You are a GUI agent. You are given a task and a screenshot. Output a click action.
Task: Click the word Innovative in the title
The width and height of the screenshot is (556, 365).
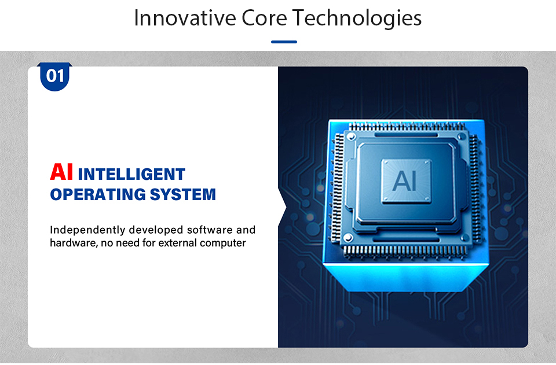(x=185, y=18)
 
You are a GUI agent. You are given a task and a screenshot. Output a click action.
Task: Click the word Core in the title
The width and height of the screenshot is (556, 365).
(x=264, y=18)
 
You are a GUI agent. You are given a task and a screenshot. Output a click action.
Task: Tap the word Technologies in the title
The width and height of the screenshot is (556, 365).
(x=357, y=19)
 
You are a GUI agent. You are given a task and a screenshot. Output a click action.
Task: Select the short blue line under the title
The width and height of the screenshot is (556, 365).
(x=284, y=42)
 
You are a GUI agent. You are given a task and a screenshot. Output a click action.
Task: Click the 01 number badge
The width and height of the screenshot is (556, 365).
(x=54, y=77)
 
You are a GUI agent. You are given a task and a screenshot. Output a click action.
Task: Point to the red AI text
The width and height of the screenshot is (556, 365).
(x=61, y=172)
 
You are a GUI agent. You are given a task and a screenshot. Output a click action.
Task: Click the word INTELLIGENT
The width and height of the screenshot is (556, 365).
(x=131, y=174)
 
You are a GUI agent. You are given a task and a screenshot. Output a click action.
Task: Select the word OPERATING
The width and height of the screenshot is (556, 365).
(x=97, y=194)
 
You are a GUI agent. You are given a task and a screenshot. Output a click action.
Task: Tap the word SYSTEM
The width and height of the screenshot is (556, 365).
(x=182, y=194)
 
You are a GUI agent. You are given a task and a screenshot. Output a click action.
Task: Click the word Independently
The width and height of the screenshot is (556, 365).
(x=87, y=230)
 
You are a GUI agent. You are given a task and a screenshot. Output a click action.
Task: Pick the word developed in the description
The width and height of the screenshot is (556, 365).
(x=156, y=230)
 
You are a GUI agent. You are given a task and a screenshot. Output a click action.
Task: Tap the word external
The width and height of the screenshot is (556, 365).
(x=177, y=243)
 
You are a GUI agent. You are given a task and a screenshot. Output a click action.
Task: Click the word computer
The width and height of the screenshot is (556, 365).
(x=222, y=244)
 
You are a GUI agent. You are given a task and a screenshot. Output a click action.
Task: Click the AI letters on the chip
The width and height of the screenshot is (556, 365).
(x=405, y=180)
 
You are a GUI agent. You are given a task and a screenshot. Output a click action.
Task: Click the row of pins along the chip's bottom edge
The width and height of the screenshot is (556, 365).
(x=404, y=250)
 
